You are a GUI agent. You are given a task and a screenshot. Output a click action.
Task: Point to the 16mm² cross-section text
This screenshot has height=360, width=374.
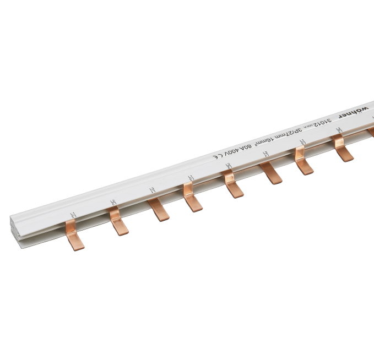pos(268,138)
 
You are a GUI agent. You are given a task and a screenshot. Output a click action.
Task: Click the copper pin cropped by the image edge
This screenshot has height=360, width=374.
pos(371,132)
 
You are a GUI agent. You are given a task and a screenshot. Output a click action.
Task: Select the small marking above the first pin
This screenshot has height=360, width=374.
pos(71,214)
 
